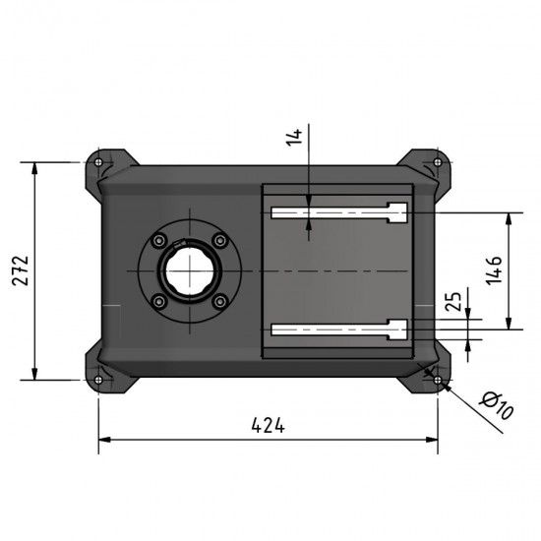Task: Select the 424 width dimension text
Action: click(x=268, y=425)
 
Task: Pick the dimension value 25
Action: click(x=453, y=302)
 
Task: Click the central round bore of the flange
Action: click(x=188, y=270)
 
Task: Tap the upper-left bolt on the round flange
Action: click(x=157, y=239)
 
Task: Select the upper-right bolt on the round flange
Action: click(x=219, y=239)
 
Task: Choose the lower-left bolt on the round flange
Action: click(x=157, y=302)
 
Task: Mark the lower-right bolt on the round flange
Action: click(x=219, y=302)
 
